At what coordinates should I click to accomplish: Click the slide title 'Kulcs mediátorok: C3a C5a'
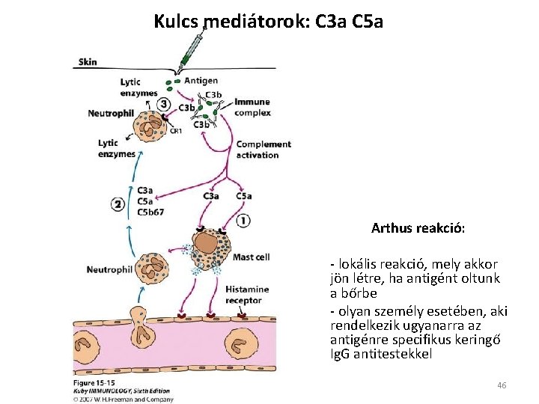tap(268, 21)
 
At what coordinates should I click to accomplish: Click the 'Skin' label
tap(88, 62)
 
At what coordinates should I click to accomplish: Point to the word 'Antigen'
tap(201, 81)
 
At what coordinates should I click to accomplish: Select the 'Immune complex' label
tap(252, 107)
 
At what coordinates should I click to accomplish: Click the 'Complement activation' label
tap(263, 150)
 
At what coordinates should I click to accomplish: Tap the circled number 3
tap(163, 104)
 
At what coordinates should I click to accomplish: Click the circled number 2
tap(118, 204)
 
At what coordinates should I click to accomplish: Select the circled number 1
tap(243, 221)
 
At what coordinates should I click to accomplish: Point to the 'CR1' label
tap(176, 131)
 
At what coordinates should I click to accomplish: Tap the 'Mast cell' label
tap(252, 257)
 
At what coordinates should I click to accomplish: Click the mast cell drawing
tap(209, 248)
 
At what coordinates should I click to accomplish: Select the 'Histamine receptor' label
tap(244, 295)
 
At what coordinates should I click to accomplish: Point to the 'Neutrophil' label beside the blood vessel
tap(109, 269)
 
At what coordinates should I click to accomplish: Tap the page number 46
tap(502, 385)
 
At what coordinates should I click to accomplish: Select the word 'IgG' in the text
tap(340, 354)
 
